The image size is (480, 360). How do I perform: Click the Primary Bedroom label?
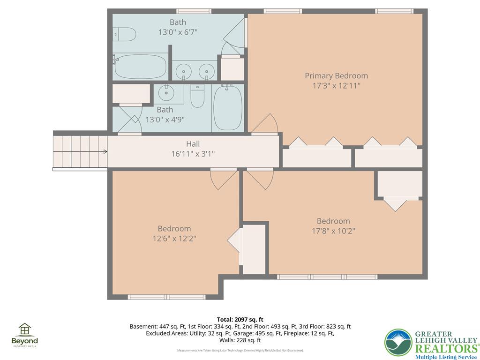336,75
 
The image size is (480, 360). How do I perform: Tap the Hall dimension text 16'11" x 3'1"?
193,153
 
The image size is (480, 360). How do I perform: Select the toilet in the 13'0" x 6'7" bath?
124,34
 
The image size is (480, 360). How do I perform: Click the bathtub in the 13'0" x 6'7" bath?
141,67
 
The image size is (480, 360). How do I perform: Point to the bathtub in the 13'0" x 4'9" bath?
228,108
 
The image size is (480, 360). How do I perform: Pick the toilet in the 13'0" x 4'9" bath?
197,96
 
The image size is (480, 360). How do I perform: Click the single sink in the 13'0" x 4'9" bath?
166,93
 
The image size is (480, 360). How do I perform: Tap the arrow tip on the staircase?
107,151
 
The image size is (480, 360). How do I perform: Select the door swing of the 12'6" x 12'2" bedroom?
224,179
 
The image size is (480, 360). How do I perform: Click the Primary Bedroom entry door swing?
265,124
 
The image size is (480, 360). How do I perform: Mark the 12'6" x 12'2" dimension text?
174,238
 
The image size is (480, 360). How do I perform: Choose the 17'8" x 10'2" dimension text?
333,231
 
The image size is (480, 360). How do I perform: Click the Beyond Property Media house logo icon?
24,329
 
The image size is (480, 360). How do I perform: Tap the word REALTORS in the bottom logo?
447,348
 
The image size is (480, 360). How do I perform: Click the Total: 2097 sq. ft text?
240,320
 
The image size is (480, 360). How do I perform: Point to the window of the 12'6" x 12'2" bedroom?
166,297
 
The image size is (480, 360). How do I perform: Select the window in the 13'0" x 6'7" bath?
194,11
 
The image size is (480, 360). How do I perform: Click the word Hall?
193,143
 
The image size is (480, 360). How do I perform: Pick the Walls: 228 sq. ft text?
240,340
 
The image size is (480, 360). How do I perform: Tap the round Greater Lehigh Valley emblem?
398,343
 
